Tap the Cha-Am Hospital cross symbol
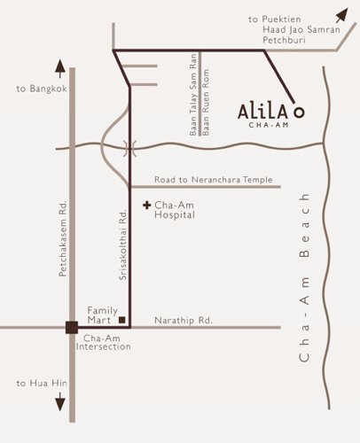coord(147,206)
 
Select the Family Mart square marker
coord(123,318)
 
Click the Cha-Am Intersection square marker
coord(70,328)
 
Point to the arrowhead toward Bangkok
coord(60,67)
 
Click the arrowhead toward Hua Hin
coord(60,404)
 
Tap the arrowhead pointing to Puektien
coord(341,14)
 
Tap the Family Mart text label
coord(103,315)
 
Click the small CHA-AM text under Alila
coord(271,128)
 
